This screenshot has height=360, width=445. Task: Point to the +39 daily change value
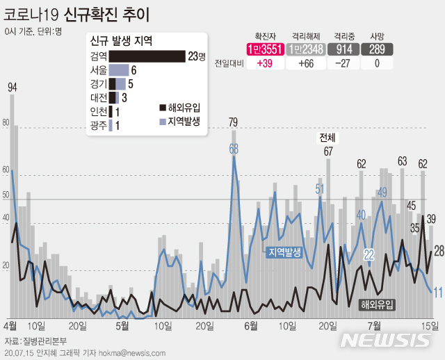click(x=265, y=63)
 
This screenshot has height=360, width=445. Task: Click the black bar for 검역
click(x=146, y=56)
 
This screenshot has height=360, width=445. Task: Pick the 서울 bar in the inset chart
click(x=119, y=70)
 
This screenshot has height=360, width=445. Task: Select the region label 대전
click(x=98, y=97)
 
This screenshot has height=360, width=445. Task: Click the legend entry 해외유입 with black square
click(x=179, y=107)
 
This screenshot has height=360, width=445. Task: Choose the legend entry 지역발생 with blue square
click(x=179, y=120)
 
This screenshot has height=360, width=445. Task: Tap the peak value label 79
click(x=234, y=123)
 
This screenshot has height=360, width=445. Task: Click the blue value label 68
click(x=234, y=147)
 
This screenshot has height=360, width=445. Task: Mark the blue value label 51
click(x=320, y=188)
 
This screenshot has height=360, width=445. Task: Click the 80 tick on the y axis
click(x=6, y=124)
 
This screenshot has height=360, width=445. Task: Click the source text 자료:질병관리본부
click(x=34, y=341)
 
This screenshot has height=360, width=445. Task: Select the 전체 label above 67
click(x=327, y=137)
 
